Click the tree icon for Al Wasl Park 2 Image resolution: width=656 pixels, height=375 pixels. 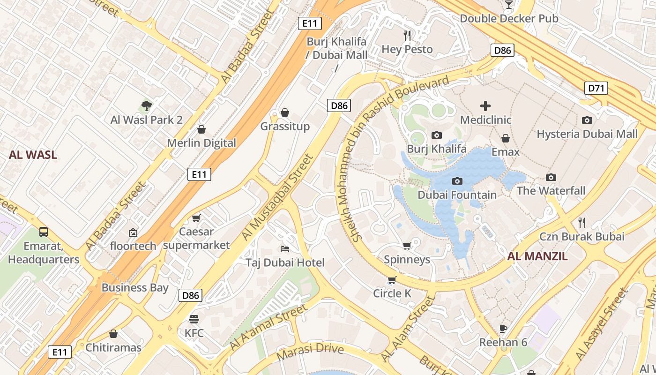(x=146, y=106)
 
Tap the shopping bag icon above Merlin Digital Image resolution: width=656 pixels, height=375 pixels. (x=201, y=129)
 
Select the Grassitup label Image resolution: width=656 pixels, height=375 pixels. (x=285, y=127)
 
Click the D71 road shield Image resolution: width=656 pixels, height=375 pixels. (x=596, y=88)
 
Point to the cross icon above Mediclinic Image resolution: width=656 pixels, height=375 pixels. (x=485, y=106)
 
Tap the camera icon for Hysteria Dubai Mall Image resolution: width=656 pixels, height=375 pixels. (x=587, y=120)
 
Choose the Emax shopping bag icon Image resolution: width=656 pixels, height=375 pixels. (x=506, y=138)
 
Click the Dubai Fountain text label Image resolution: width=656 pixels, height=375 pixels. (x=457, y=195)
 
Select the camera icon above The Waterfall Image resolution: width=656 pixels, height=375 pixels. (x=551, y=177)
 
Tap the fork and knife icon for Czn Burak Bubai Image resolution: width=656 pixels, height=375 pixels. (x=582, y=222)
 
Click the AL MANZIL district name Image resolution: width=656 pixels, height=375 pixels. (x=537, y=256)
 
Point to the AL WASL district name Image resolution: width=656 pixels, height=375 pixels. (x=33, y=155)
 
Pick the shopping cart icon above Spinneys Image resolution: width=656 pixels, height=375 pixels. (x=407, y=246)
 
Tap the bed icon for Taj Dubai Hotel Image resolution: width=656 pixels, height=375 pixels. (x=284, y=248)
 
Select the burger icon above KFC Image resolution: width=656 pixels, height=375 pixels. (x=194, y=319)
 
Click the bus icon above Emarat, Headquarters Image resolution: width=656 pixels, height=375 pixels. (x=44, y=232)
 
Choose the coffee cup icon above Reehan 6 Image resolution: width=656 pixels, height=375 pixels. (x=503, y=328)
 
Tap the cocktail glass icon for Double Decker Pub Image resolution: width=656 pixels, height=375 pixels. (x=509, y=5)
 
